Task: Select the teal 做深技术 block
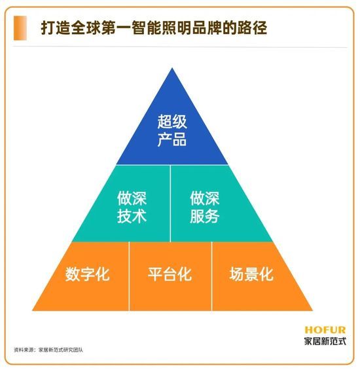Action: point(128,204)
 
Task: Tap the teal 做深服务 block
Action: point(212,204)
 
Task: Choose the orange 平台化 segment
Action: point(170,276)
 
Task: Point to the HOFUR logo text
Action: point(325,330)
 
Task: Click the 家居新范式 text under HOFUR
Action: point(325,341)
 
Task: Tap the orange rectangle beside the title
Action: point(20,28)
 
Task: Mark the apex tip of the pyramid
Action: point(172,68)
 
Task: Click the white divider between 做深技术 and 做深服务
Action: point(170,204)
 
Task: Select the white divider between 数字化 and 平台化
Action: point(130,276)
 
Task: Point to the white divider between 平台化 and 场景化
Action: point(212,276)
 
